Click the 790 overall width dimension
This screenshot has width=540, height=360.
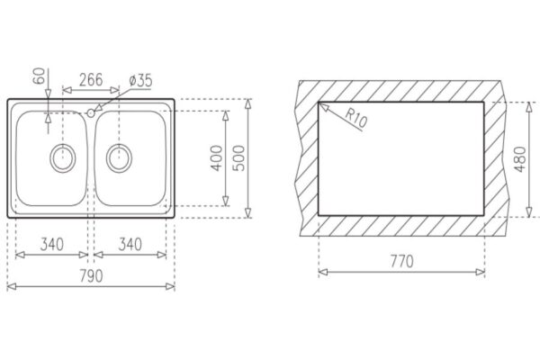91,276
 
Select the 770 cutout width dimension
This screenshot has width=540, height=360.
401,261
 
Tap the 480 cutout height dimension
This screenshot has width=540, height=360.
520,159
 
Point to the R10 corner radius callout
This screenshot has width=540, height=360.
356,118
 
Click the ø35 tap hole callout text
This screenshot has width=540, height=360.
140,81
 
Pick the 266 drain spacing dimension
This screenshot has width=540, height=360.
91,80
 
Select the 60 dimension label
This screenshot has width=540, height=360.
39,76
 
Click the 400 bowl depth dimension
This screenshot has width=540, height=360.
217,158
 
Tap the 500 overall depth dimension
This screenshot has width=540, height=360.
238,158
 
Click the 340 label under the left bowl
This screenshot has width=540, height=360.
52,244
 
